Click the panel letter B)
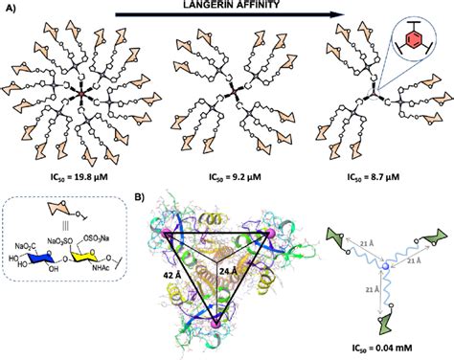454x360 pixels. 141,198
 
